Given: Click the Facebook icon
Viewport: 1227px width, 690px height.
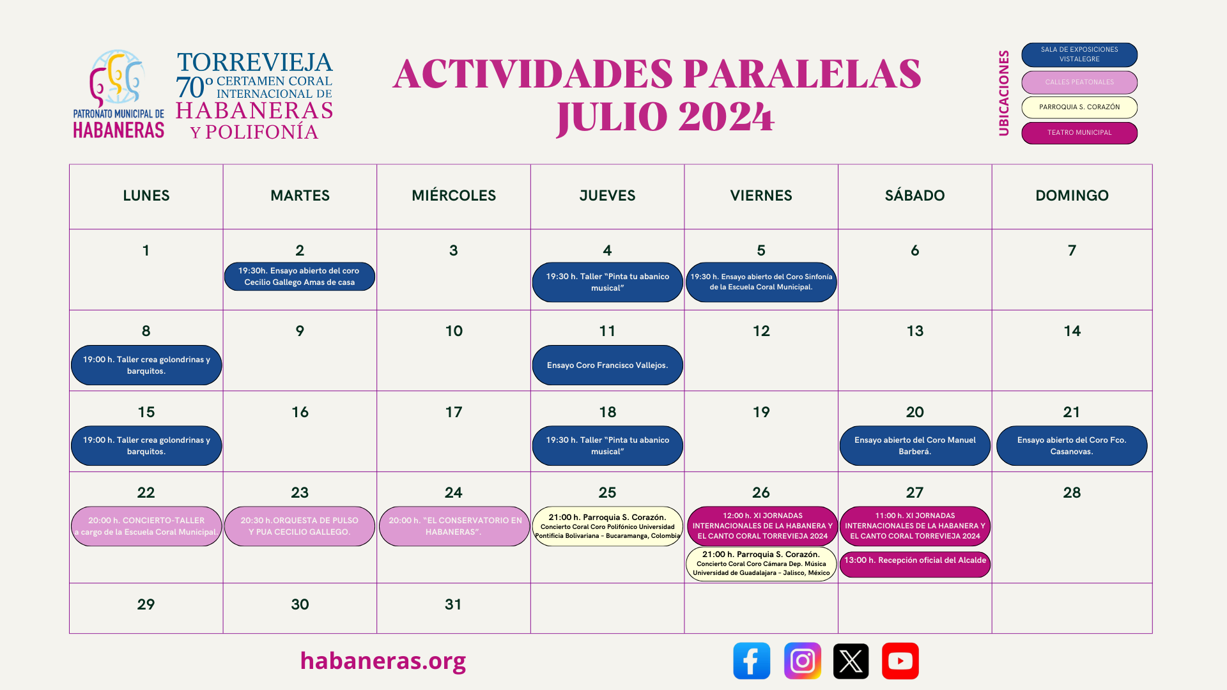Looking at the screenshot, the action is [x=752, y=661].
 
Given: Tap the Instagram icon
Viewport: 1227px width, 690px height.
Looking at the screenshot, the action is [x=802, y=661].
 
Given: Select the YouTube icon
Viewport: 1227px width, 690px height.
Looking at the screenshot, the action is [x=900, y=661].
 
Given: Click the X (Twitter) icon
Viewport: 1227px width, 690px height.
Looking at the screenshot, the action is [x=851, y=661].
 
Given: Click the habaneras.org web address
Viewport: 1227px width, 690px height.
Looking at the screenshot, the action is [x=383, y=661].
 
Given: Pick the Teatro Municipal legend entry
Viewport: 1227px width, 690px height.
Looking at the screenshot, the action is [x=1079, y=133].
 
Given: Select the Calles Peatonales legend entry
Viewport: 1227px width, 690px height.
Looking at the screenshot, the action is [x=1079, y=82].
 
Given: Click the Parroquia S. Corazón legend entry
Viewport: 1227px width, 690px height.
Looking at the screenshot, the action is [x=1079, y=107].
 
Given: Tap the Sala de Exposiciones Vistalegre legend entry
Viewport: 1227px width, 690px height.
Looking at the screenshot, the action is [x=1079, y=54].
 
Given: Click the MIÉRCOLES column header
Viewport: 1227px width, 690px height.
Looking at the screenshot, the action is [x=454, y=195].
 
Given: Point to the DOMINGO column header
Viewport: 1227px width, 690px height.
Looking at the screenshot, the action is [x=1072, y=195].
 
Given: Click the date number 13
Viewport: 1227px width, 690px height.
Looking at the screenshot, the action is [x=914, y=331].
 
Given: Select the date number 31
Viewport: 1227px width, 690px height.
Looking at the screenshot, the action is [x=453, y=604].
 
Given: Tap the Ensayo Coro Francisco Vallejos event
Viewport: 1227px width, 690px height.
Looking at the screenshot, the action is [x=607, y=365].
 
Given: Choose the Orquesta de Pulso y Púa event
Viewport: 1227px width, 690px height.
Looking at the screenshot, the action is [x=300, y=526].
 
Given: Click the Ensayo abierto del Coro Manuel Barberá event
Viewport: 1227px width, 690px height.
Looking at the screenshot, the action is [x=914, y=445].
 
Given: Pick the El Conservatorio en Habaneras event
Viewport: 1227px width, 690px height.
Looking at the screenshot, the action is [x=454, y=526].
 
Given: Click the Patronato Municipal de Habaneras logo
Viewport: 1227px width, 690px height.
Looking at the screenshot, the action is [x=118, y=94].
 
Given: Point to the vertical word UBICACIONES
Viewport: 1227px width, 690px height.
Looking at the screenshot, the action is [x=1004, y=93].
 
